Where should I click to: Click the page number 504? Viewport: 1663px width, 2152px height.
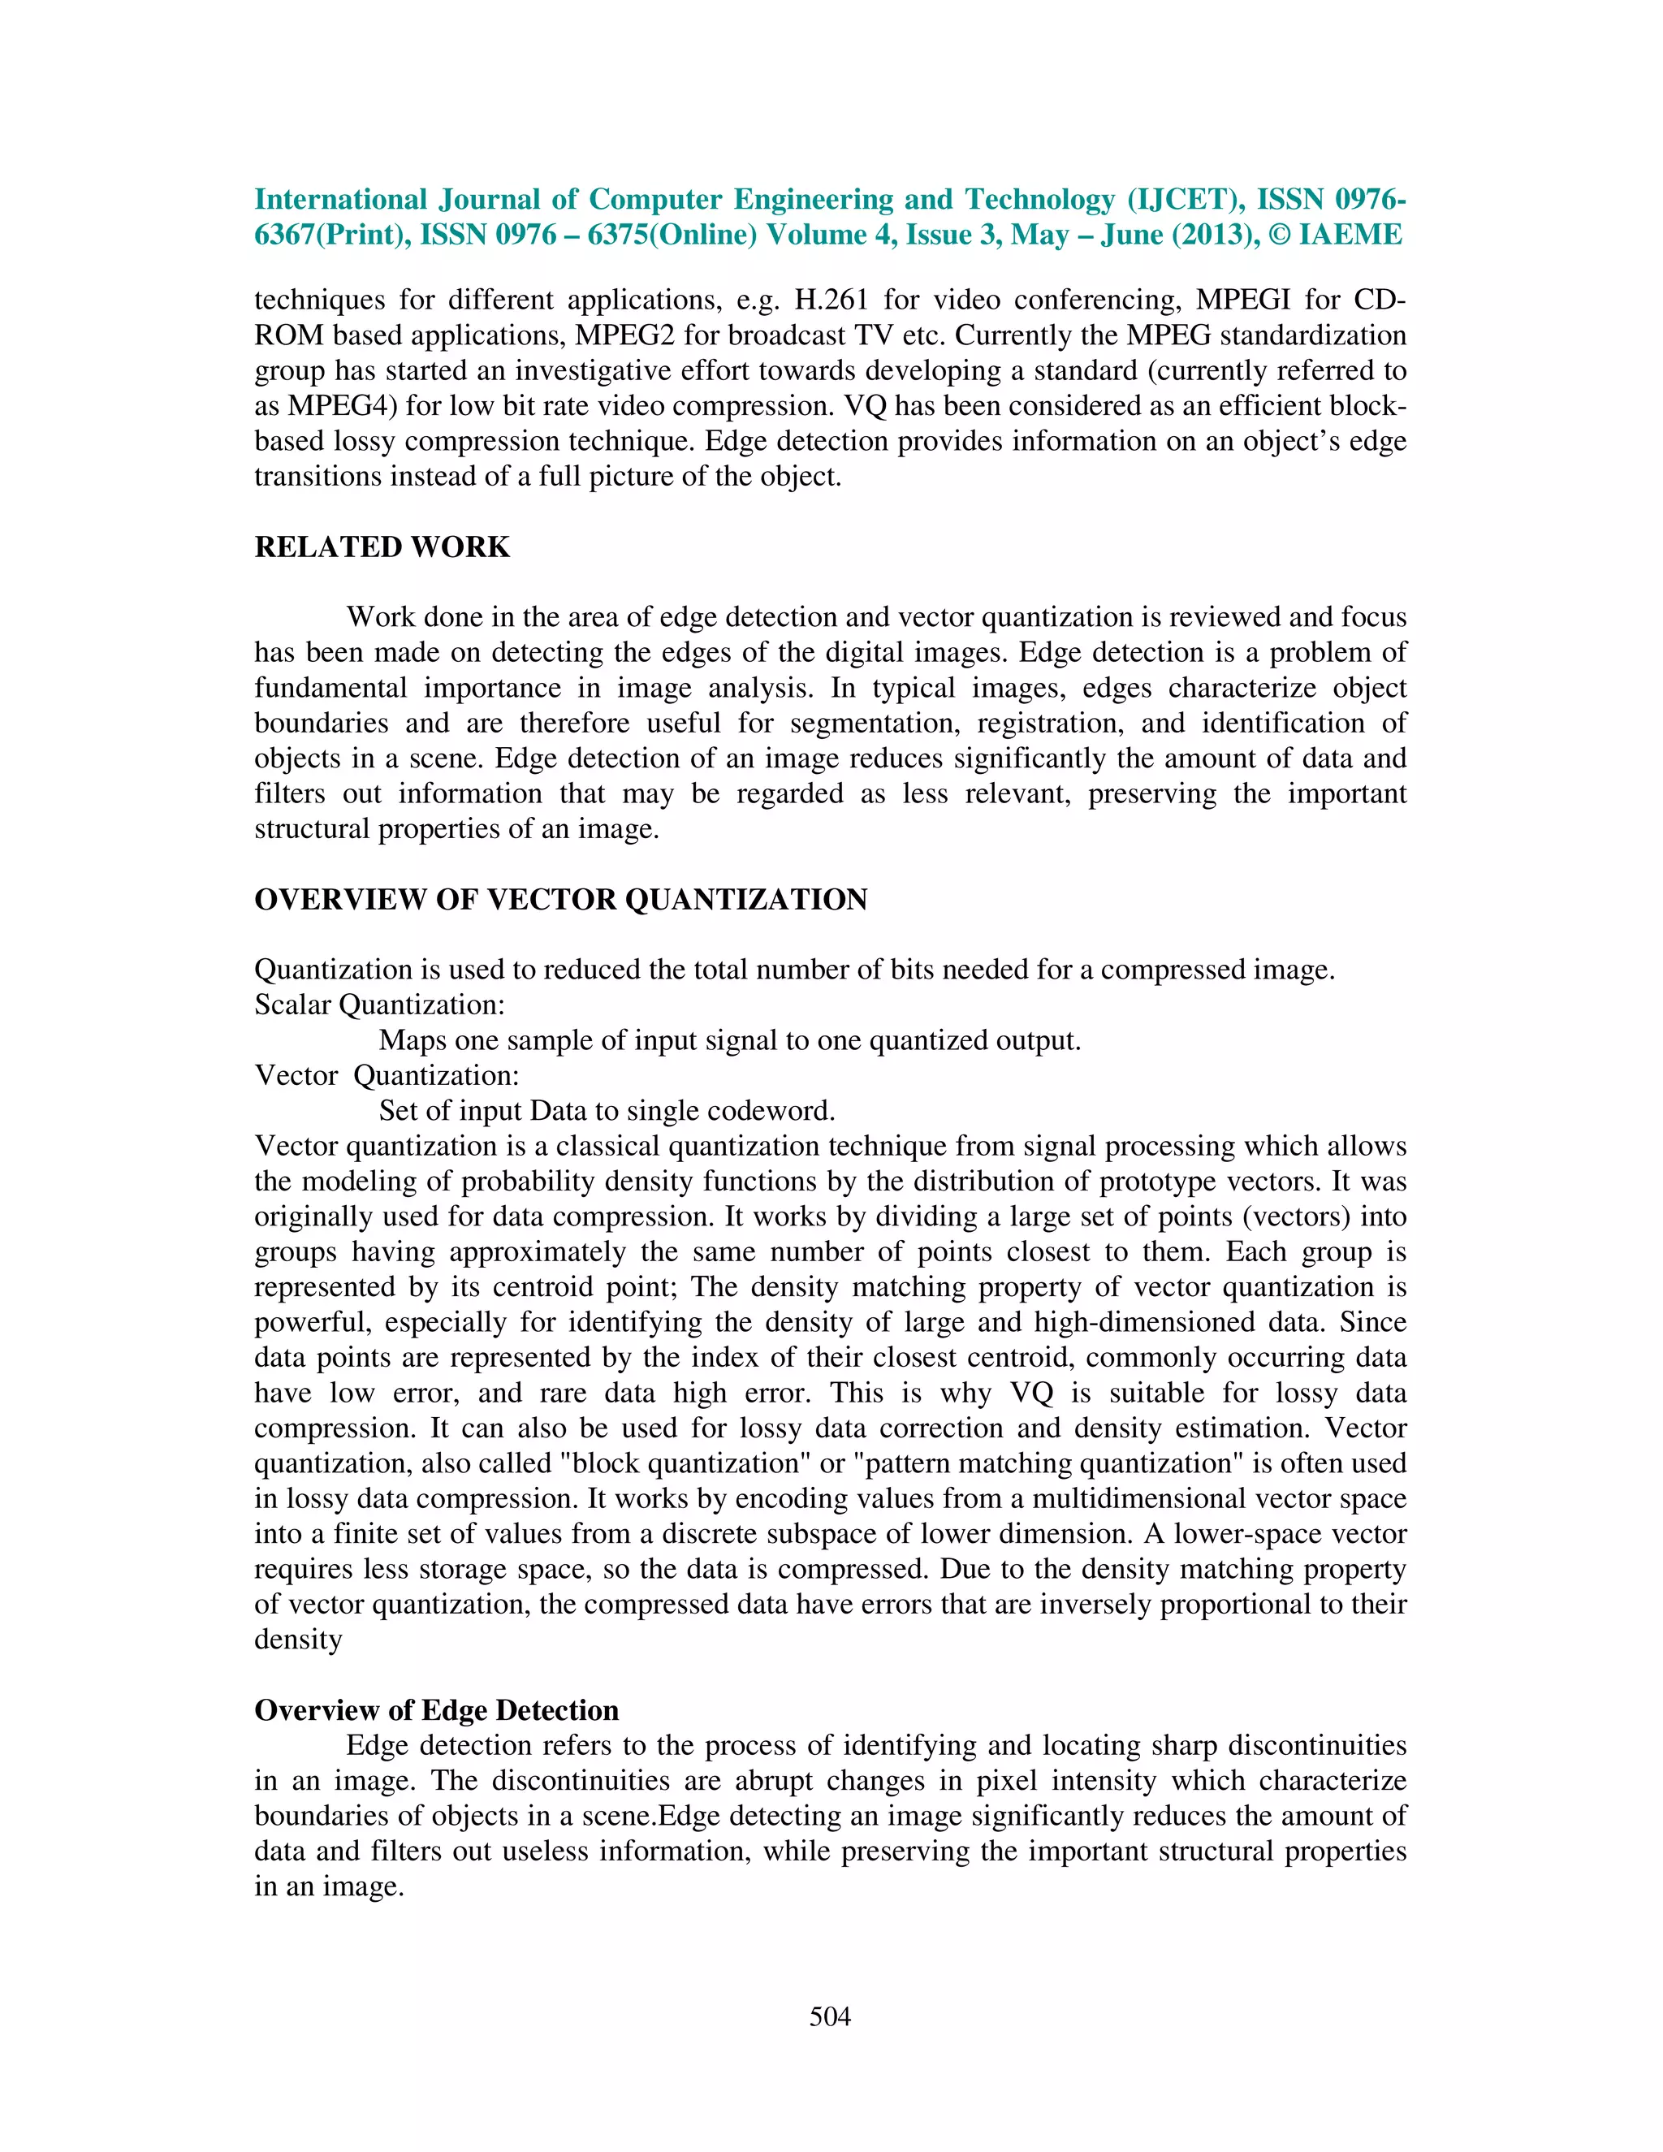pos(830,2017)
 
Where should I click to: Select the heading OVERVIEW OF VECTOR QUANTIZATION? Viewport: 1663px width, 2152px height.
pos(560,900)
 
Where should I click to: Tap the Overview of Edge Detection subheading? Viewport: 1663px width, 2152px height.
pos(436,1710)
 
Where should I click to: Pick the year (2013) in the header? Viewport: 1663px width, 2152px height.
pos(1215,236)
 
